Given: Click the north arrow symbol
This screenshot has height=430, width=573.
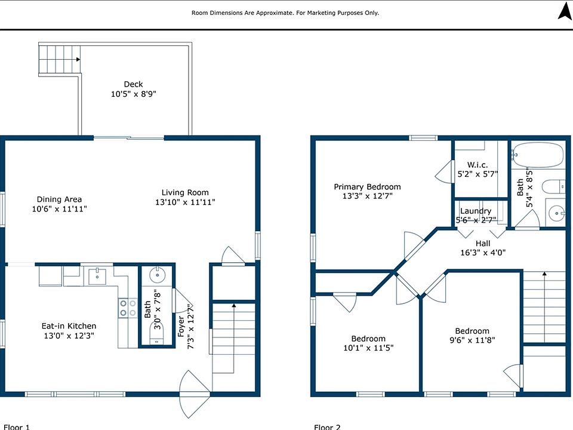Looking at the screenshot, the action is click(x=564, y=11).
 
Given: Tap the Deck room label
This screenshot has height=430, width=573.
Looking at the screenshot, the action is click(x=133, y=84).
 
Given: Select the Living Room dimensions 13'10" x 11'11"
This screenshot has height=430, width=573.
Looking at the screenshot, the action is click(x=185, y=202).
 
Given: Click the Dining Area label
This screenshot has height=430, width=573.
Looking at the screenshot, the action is click(x=59, y=199).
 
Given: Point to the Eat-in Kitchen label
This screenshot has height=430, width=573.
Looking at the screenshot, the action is click(x=69, y=326).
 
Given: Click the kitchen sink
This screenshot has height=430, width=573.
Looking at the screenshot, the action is click(x=97, y=276).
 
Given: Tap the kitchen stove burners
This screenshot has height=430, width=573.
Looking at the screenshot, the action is click(x=128, y=308).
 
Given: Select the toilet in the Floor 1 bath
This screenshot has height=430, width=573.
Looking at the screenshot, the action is click(x=157, y=333).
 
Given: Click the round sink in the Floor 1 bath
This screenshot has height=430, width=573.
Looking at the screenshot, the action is click(x=158, y=274).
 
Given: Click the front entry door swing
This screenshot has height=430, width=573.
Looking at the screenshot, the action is click(x=193, y=394).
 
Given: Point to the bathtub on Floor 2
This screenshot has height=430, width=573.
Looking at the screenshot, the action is click(x=538, y=155).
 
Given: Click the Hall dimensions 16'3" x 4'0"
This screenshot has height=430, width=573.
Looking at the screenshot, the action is click(x=483, y=252).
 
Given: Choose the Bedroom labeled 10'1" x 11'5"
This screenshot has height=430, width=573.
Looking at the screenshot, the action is click(x=368, y=343).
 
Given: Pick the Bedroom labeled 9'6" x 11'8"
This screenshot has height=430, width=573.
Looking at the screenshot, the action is click(x=472, y=335).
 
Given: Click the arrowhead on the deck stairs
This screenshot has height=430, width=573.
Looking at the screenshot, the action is click(x=78, y=59).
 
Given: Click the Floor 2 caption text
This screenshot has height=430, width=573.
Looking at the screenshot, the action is click(x=327, y=426).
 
